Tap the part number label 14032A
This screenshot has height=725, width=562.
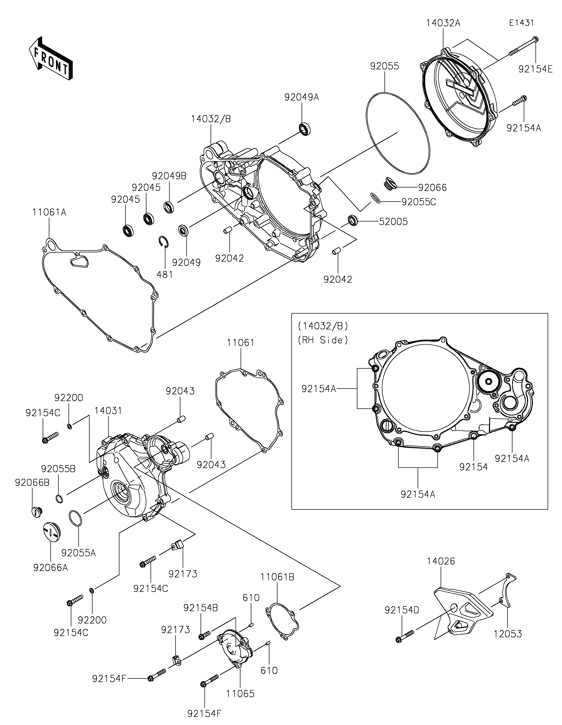click(443, 23)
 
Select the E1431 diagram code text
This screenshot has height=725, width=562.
click(521, 23)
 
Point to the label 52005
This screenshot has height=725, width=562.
click(393, 221)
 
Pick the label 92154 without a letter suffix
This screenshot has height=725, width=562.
click(474, 467)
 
